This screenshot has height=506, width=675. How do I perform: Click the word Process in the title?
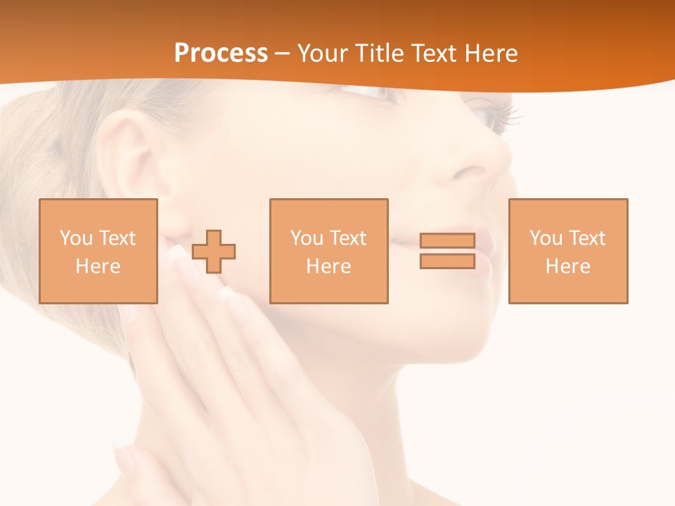click(x=221, y=53)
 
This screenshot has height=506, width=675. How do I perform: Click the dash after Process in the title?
click(x=283, y=54)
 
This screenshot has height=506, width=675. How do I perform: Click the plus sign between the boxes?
click(x=214, y=251)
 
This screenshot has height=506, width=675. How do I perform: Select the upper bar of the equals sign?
click(x=447, y=240)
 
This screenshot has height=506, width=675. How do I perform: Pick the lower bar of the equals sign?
click(x=447, y=261)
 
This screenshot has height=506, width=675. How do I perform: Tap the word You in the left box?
click(x=76, y=238)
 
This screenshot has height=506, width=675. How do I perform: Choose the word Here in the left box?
click(x=98, y=266)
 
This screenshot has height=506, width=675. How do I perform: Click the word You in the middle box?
click(x=307, y=238)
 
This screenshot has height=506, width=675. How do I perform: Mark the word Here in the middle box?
click(x=328, y=266)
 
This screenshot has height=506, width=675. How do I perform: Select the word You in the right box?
click(x=546, y=238)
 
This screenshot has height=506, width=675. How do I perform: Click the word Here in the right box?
click(x=567, y=266)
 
